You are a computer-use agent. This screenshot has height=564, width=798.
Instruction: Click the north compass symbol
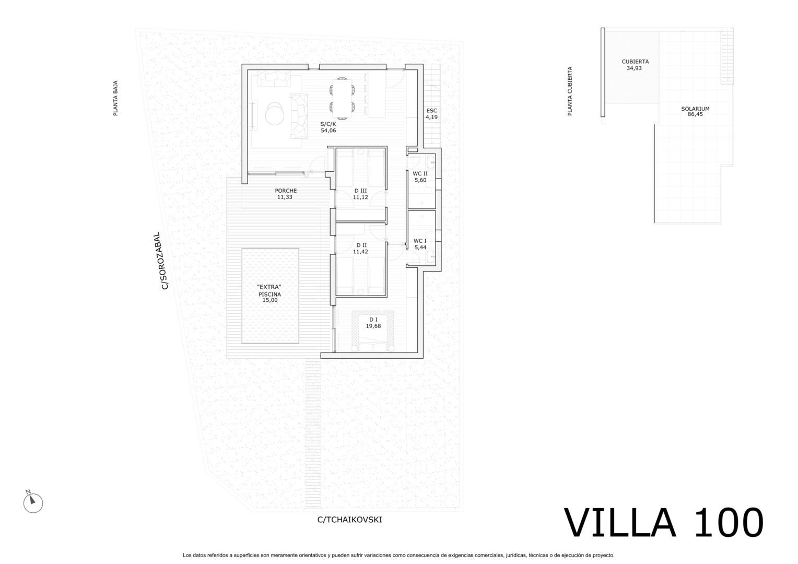pos(33,502)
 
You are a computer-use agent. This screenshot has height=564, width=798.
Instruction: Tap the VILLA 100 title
pos(664,523)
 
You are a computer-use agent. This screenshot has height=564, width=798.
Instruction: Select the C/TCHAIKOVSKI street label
pos(349,520)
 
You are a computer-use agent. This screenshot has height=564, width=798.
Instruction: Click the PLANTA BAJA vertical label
pos(115,98)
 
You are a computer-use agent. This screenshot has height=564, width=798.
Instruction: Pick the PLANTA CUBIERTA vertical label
pos(570,91)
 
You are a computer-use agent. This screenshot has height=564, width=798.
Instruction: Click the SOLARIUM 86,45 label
pos(695,112)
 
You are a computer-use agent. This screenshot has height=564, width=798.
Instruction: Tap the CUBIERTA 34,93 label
pos(635,65)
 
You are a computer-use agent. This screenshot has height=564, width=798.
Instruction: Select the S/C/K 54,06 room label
pos(328,127)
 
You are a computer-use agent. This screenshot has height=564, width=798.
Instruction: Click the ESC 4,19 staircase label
pos(431,114)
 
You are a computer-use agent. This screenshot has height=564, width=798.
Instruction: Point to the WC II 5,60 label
pos(420,177)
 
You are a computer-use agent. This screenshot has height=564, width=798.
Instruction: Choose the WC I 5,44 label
pos(420,244)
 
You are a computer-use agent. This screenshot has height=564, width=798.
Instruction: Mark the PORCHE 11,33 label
pos(285,194)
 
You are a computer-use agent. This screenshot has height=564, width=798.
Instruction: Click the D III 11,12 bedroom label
pos(360,194)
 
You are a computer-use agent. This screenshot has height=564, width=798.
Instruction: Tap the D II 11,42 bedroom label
pos(361,249)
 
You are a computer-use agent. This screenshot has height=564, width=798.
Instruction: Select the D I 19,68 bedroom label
pos(373,323)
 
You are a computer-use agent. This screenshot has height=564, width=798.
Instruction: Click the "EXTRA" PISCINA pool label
pos(269,293)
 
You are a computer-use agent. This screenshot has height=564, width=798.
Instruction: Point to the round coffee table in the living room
pos(275,114)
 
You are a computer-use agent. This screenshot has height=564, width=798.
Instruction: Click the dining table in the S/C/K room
pos(342,98)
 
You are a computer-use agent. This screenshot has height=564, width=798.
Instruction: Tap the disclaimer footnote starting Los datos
pos(398,555)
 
